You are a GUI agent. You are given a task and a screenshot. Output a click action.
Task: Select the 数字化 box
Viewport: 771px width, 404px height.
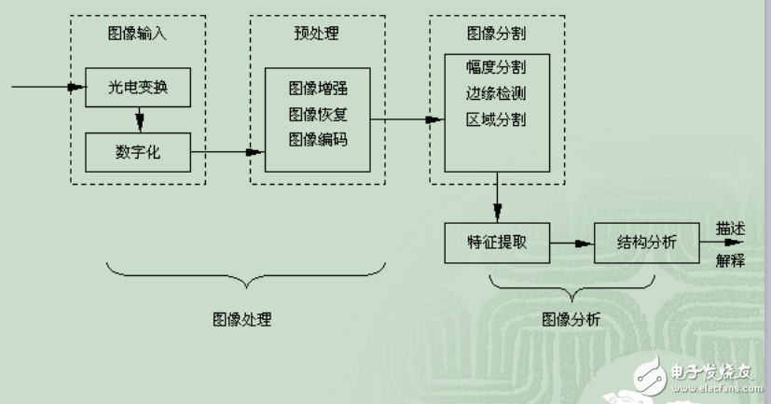point(137,153)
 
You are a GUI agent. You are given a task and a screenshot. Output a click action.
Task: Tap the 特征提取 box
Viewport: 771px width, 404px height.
point(497,244)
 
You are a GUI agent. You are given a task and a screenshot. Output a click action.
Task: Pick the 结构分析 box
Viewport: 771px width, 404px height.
point(646,244)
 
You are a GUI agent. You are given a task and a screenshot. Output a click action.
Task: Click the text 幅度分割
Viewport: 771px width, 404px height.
point(496,70)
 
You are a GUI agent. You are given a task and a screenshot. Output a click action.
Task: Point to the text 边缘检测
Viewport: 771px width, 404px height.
point(496,94)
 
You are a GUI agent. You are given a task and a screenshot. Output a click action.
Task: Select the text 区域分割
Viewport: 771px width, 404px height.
point(496,118)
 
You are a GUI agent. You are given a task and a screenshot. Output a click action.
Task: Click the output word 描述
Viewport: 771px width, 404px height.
point(730,228)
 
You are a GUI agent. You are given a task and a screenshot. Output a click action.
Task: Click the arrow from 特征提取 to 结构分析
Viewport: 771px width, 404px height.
point(571,244)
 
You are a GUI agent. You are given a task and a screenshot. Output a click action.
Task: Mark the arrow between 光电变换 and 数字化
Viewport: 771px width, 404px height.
point(139,119)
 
